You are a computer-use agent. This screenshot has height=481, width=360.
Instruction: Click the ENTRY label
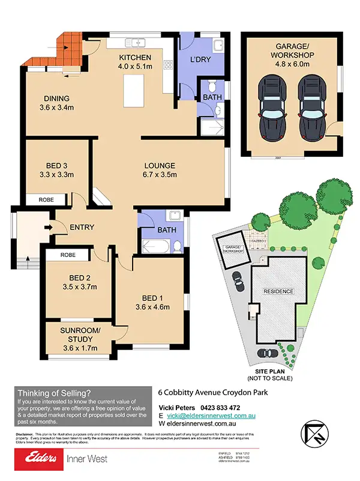[x=82, y=227]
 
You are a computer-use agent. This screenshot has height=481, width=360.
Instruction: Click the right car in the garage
[x=311, y=107]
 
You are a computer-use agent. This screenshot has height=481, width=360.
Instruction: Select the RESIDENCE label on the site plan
[x=280, y=291]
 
